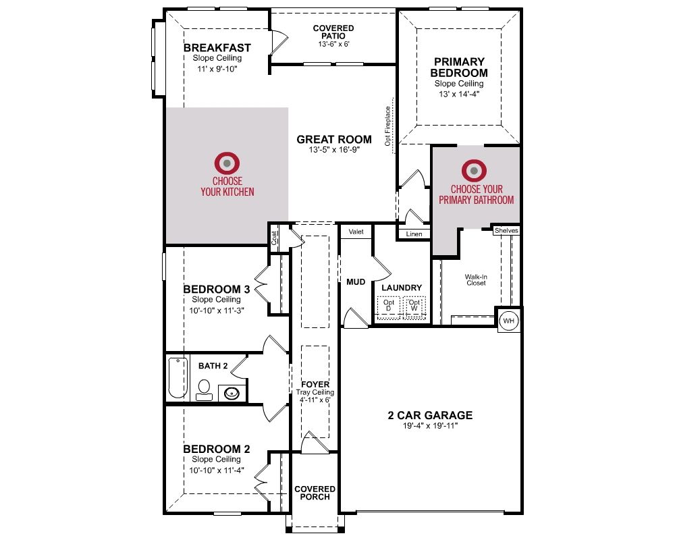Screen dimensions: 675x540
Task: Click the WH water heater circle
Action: [x=508, y=321]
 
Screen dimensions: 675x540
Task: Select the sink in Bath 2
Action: [x=232, y=393]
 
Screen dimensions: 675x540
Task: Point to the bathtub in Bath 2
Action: [x=178, y=377]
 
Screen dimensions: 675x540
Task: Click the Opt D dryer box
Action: [x=389, y=307]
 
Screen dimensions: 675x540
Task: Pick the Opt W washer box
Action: [x=414, y=307]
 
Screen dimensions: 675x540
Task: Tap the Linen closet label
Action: [x=414, y=234]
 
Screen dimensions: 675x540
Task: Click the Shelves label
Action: [x=506, y=230]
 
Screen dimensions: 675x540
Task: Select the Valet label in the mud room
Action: [x=356, y=232]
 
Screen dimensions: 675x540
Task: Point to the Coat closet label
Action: [x=274, y=238]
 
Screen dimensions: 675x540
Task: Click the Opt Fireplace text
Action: [x=387, y=126]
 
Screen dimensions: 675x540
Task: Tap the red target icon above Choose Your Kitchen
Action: [x=227, y=163]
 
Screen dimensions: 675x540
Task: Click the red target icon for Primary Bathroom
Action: [x=474, y=171]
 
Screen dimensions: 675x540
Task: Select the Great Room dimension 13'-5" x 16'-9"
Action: [x=334, y=150]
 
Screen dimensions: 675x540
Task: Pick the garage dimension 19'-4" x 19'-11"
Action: [x=430, y=426]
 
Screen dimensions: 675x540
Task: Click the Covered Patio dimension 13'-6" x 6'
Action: [x=333, y=44]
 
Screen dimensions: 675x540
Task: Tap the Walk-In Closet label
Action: [x=476, y=280]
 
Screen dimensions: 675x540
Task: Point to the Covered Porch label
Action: [x=315, y=493]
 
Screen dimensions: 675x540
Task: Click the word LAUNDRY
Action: [x=402, y=288]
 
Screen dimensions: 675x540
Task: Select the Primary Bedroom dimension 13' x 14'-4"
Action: [x=459, y=94]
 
